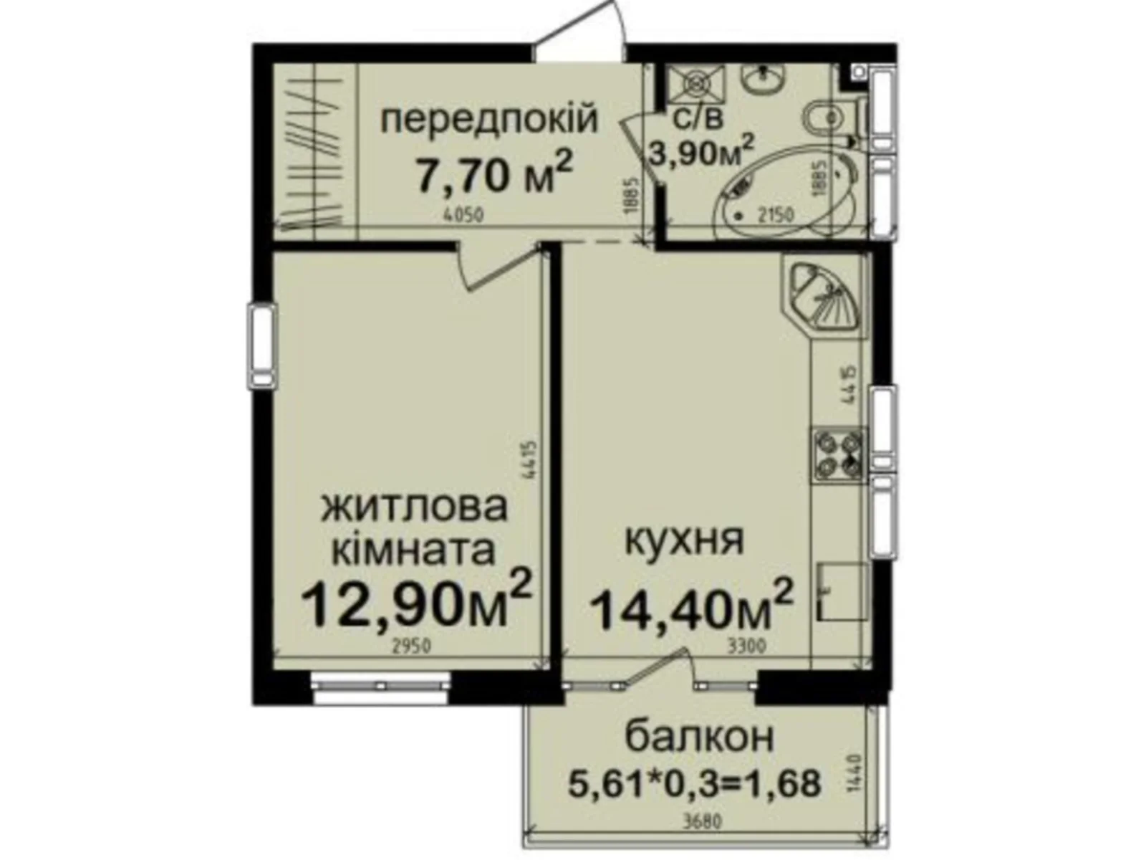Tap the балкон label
coord(699,738)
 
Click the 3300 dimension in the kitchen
coord(746,646)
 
